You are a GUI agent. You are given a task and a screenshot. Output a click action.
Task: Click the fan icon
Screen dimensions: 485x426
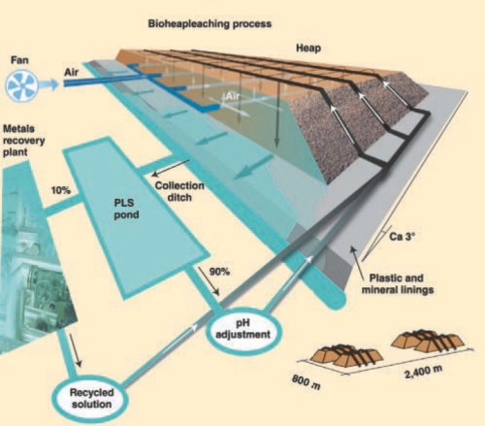(21, 85)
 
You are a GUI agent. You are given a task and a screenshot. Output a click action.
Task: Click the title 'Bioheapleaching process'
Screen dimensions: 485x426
(210, 24)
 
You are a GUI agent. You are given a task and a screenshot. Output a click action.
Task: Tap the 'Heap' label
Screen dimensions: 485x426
(308, 49)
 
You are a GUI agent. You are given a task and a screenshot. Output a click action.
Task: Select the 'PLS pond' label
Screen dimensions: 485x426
(126, 209)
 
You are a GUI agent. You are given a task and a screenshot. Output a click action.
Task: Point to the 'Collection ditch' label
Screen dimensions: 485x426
(179, 191)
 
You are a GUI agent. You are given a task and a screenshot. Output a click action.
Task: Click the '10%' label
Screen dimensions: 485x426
(61, 190)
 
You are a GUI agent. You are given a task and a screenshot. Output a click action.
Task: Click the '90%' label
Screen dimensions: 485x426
(219, 272)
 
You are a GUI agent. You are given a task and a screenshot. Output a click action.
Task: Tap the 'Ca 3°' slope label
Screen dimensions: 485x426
(402, 236)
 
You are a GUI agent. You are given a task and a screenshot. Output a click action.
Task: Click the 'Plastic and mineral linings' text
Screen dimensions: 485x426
(398, 284)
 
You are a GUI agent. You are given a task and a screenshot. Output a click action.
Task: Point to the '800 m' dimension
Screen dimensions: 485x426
(306, 382)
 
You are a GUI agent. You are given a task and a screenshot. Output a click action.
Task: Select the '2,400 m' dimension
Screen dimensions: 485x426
(423, 372)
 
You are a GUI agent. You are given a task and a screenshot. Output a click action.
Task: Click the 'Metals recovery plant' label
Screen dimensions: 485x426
(23, 141)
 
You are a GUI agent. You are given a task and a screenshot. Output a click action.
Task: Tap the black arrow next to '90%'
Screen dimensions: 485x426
(209, 281)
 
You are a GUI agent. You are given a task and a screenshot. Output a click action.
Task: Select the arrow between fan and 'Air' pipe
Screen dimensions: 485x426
(49, 84)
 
